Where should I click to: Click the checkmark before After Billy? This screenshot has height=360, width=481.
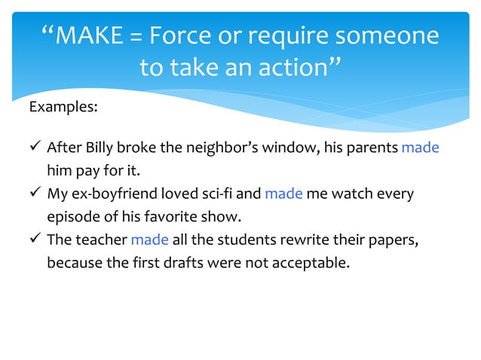point(35,148)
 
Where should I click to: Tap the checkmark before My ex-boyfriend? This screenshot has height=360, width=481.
point(35,194)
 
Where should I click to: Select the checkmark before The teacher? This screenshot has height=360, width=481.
point(35,241)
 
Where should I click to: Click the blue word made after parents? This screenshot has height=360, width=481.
point(420,148)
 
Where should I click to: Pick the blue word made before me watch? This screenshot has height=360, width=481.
point(283,194)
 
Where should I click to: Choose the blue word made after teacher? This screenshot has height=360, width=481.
point(150,241)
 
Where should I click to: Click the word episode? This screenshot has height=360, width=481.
point(72,218)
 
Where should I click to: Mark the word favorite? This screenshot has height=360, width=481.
point(164,218)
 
